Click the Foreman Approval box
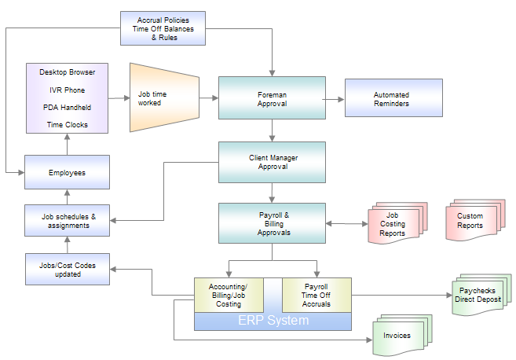pos(272,98)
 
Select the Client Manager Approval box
pos(272,162)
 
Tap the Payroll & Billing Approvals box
pos(272,223)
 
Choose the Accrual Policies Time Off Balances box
pos(163,28)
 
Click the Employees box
pos(66,172)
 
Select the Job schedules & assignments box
pos(66,220)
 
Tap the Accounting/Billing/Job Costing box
pos(228,296)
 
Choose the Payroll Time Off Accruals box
pos(316,296)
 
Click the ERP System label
pos(273,321)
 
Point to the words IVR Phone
pos(67,90)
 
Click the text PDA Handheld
pos(67,107)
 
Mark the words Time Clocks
pos(67,124)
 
